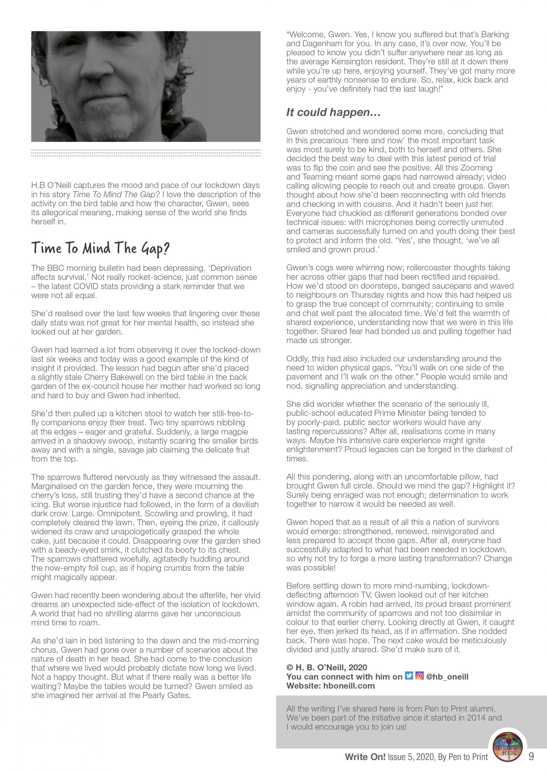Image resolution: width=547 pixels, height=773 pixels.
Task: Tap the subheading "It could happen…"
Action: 333,112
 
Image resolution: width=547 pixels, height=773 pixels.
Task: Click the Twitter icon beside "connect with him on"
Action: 409,676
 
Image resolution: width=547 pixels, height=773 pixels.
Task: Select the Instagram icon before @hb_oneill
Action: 419,676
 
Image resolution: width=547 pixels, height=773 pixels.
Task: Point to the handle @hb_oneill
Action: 447,676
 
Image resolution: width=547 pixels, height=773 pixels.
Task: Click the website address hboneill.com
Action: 349,686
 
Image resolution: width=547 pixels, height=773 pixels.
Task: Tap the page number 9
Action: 531,756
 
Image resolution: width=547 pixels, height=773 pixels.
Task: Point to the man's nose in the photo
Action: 93,69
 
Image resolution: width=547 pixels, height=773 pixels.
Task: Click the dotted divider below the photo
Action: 146,152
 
